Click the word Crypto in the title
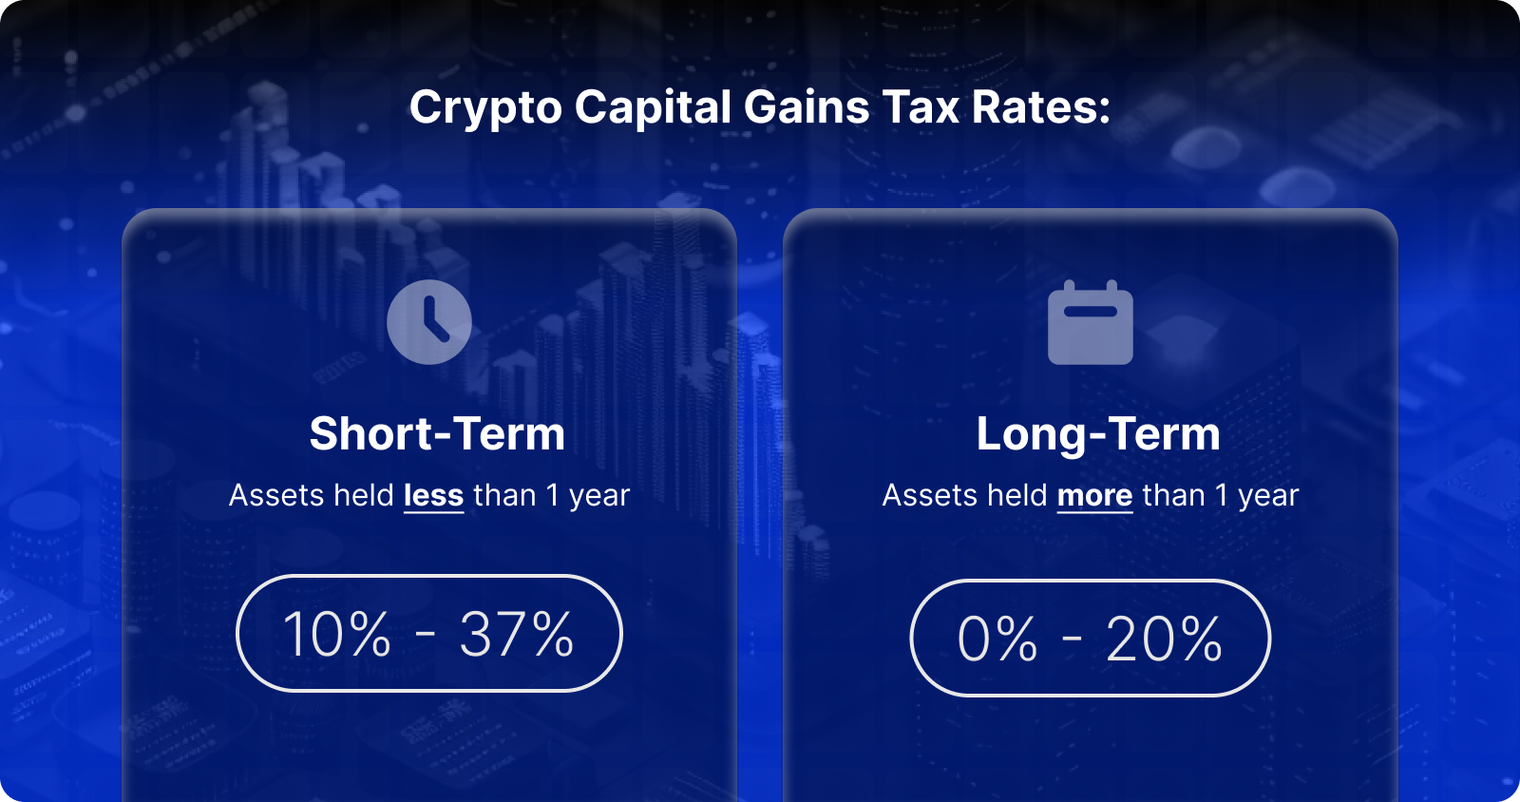[x=485, y=107]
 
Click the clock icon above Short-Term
[x=429, y=322]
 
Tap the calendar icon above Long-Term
[x=1090, y=323]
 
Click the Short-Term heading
[x=437, y=434]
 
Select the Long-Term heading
[x=1098, y=434]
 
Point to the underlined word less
[x=433, y=496]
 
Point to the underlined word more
[x=1094, y=496]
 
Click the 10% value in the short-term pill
[x=337, y=635]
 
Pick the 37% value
[x=517, y=635]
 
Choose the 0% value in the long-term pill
[x=997, y=639]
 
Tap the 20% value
[x=1165, y=639]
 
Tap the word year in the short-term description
[x=599, y=496]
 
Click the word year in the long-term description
[x=1268, y=496]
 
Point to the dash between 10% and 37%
[x=426, y=635]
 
